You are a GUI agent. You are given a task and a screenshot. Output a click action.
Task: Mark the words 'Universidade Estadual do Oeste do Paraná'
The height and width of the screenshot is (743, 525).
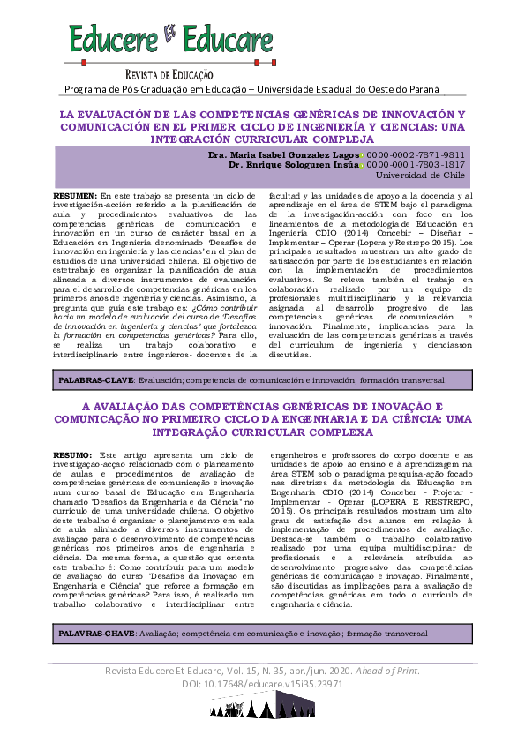(359, 88)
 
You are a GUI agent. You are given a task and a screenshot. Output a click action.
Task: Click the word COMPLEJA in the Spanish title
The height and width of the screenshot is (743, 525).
(325, 139)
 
